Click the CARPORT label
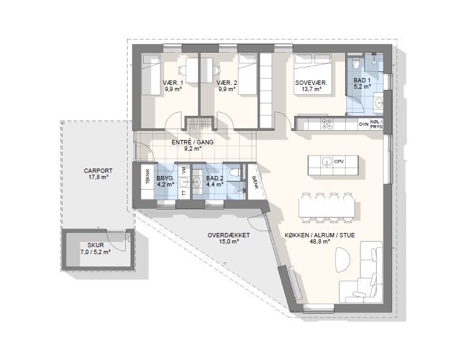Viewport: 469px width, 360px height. click(x=98, y=171)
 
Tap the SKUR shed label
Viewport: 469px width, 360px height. click(x=95, y=246)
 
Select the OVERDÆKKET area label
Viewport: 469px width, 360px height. click(x=229, y=235)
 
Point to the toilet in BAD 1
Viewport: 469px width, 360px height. click(x=356, y=63)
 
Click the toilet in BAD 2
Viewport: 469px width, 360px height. click(x=234, y=173)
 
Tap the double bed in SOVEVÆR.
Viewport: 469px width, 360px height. click(x=313, y=74)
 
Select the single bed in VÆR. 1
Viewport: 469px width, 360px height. click(x=151, y=74)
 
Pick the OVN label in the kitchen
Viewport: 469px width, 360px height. click(x=364, y=124)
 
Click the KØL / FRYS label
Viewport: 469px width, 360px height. click(x=376, y=124)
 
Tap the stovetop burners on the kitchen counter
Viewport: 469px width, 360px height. click(x=327, y=124)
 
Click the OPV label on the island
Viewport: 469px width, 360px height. click(x=339, y=162)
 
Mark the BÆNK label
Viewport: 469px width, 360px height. click(x=255, y=182)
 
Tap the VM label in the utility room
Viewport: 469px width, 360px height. click(x=184, y=170)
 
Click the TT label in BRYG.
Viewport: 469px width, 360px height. click(x=184, y=193)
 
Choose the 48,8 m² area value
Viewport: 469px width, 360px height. click(x=320, y=242)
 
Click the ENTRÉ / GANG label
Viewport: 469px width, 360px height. click(x=193, y=142)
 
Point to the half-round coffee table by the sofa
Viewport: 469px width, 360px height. click(x=342, y=260)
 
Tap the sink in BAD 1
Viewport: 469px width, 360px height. click(x=379, y=103)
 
